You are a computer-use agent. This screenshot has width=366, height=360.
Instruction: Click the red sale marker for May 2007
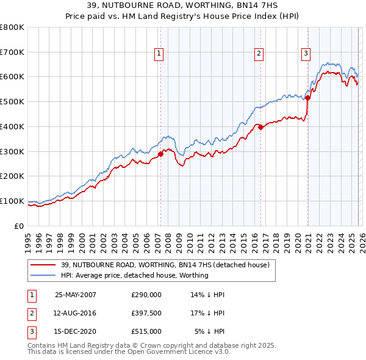coord(161,154)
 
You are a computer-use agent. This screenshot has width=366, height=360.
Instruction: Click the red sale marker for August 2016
coord(260,128)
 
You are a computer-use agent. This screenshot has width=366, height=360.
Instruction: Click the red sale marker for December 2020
coord(308,98)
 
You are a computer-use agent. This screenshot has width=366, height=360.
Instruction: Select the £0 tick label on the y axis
coord(18,226)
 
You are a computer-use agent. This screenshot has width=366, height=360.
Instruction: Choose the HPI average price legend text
coord(134,275)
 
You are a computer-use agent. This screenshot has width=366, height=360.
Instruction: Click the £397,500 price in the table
coord(146,313)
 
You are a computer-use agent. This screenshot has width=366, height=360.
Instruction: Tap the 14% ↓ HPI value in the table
coord(208,295)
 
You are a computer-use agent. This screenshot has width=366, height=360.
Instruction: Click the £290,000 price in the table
coord(146,295)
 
